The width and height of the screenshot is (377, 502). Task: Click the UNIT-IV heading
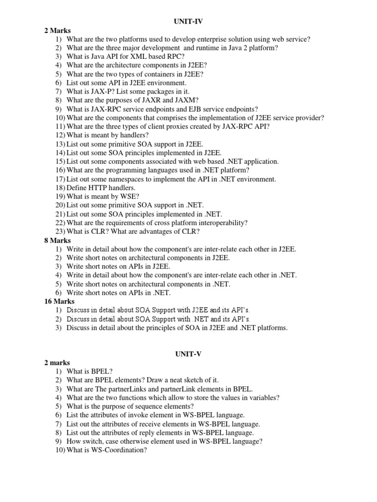pyautogui.click(x=188, y=22)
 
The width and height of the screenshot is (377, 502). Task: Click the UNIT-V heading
pyautogui.click(x=188, y=353)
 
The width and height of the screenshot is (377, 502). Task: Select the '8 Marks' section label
pyautogui.click(x=58, y=241)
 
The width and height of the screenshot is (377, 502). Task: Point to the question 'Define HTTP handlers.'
pyautogui.click(x=101, y=188)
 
